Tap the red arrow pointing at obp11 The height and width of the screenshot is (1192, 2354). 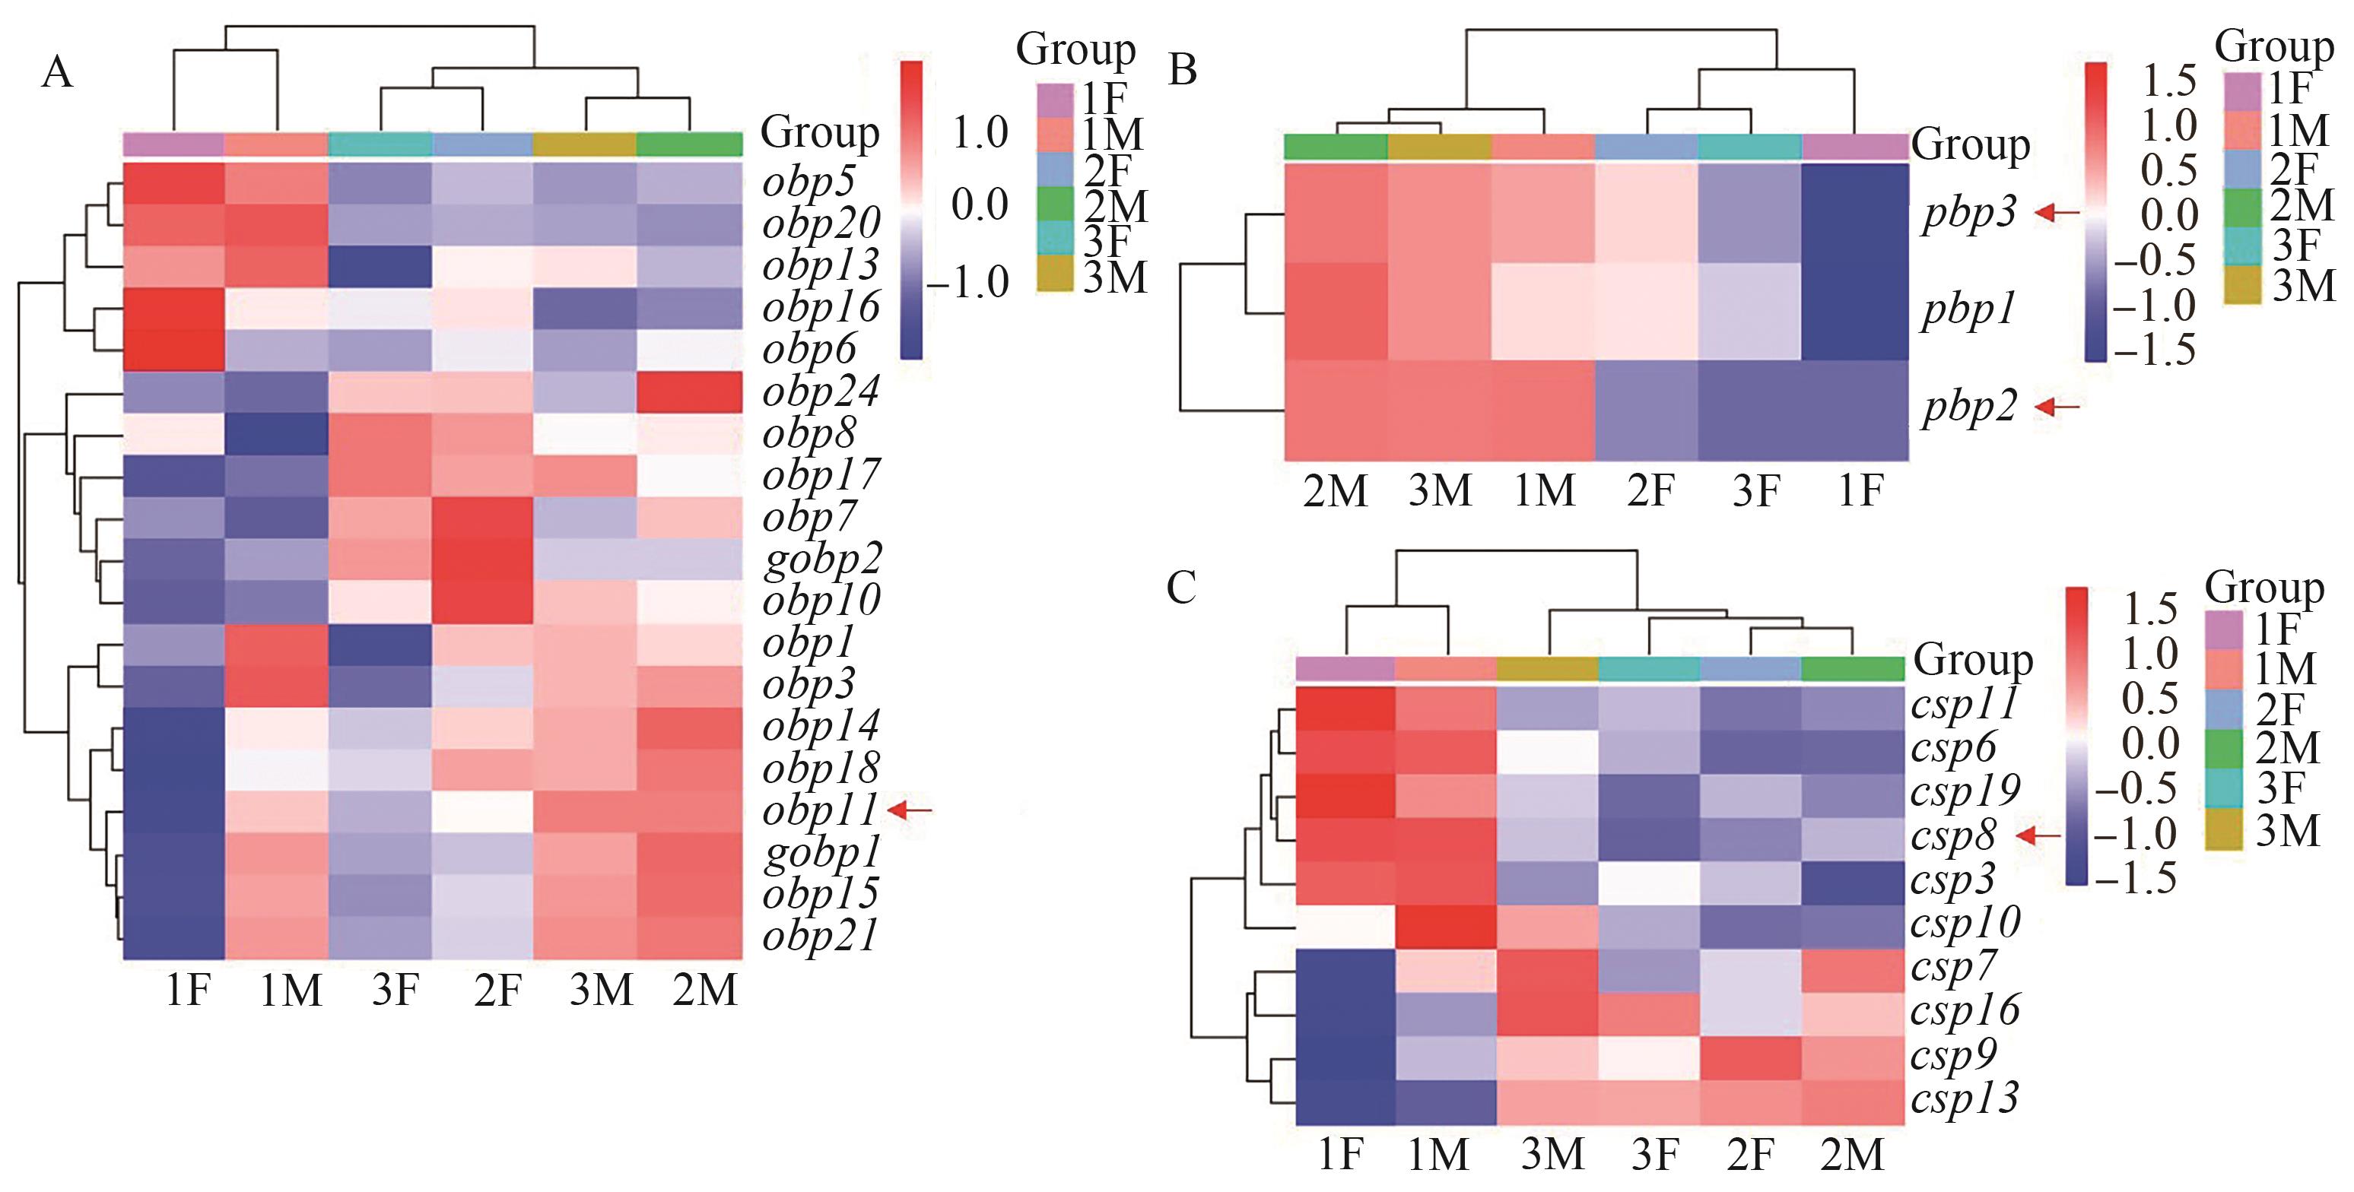coord(911,810)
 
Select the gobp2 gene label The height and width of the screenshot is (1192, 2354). coord(822,559)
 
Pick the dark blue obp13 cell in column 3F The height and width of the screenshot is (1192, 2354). coord(380,267)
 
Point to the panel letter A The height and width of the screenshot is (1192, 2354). coord(56,72)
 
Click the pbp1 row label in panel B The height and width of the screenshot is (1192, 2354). coord(1968,311)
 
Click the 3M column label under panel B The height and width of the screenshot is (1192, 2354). coord(1439,491)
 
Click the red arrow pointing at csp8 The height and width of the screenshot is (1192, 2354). coord(2040,835)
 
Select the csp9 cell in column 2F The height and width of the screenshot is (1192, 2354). coord(1750,1057)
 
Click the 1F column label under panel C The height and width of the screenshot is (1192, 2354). coord(1341,1155)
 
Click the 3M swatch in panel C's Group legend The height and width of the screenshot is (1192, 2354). coord(2223,831)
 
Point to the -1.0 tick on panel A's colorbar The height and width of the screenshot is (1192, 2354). coord(975,281)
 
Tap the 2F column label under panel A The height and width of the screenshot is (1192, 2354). coord(497,990)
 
